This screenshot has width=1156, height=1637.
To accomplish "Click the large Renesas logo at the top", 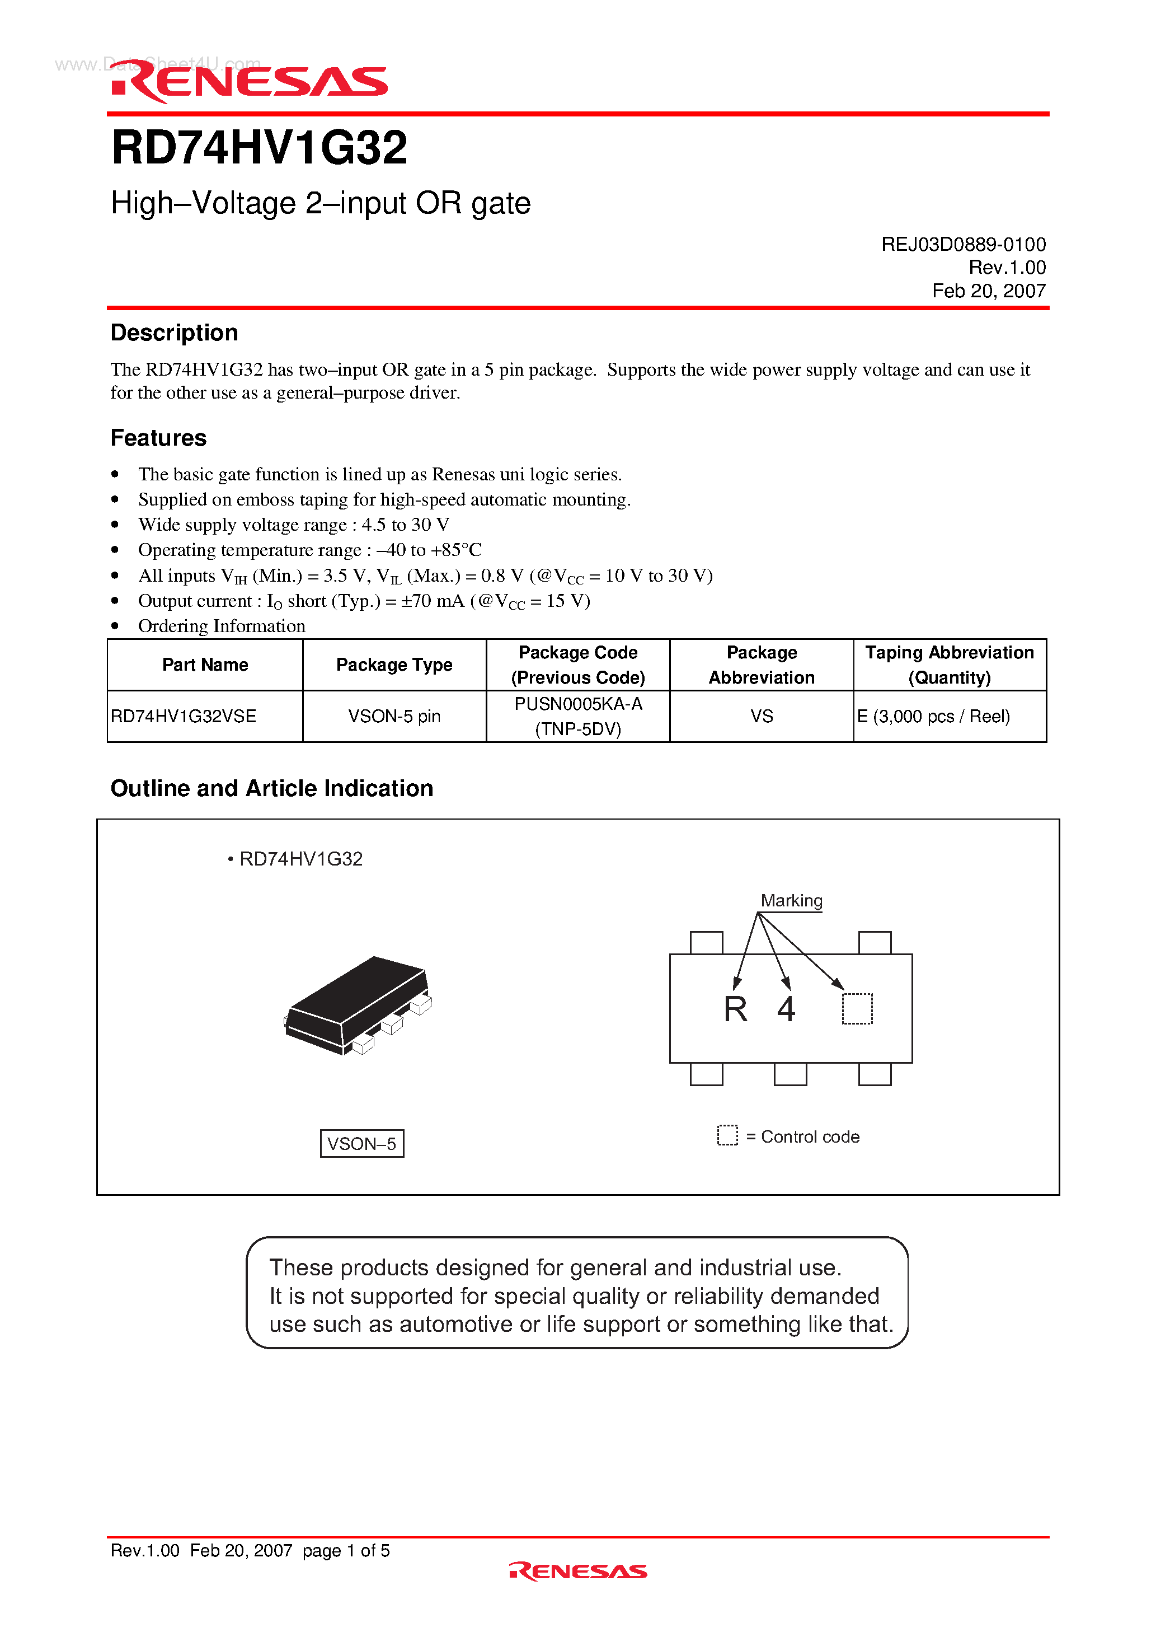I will pyautogui.click(x=250, y=81).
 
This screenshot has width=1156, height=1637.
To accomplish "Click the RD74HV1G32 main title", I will pyautogui.click(x=260, y=148).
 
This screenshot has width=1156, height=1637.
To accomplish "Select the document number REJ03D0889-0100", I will pyautogui.click(x=963, y=245).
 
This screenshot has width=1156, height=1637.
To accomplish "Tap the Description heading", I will pyautogui.click(x=174, y=333).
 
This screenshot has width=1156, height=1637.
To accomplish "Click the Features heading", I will pyautogui.click(x=158, y=438).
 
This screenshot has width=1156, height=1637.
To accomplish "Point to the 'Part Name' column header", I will pyautogui.click(x=205, y=665).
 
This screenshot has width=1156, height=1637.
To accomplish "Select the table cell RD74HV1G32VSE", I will pyautogui.click(x=184, y=716).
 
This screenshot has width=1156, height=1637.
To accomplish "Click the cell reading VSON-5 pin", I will pyautogui.click(x=394, y=716).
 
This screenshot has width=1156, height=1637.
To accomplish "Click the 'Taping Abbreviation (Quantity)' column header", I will pyautogui.click(x=950, y=665).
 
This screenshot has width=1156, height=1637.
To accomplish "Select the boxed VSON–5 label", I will pyautogui.click(x=362, y=1143).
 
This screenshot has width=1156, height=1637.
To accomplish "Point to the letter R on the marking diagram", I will pyautogui.click(x=735, y=1009).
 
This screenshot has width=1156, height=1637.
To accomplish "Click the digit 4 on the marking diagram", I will pyautogui.click(x=786, y=1009).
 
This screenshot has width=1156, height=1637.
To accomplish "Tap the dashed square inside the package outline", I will pyautogui.click(x=857, y=1009).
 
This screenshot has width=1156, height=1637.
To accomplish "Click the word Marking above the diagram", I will pyautogui.click(x=791, y=900).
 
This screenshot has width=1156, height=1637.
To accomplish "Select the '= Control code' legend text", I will pyautogui.click(x=802, y=1136).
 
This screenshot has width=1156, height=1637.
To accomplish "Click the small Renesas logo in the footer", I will pyautogui.click(x=578, y=1571).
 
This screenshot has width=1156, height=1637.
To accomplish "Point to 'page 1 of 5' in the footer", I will pyautogui.click(x=346, y=1550).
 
